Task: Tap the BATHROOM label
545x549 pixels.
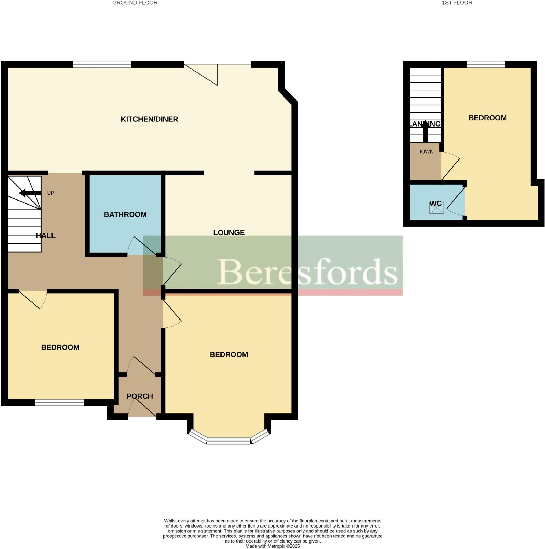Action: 125,214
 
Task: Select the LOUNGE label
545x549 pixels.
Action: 229,232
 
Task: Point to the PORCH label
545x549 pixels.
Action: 139,396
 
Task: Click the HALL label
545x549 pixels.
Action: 46,236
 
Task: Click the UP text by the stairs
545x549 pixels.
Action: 51,193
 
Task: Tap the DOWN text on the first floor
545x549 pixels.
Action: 425,152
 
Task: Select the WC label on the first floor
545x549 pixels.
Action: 436,203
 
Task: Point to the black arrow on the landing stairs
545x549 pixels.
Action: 425,132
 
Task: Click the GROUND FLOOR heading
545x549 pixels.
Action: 135,3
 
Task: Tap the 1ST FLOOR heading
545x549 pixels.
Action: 456,3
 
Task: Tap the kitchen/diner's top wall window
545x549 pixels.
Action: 102,64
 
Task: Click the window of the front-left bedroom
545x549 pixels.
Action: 60,402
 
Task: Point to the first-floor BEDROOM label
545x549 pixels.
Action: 487,118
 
